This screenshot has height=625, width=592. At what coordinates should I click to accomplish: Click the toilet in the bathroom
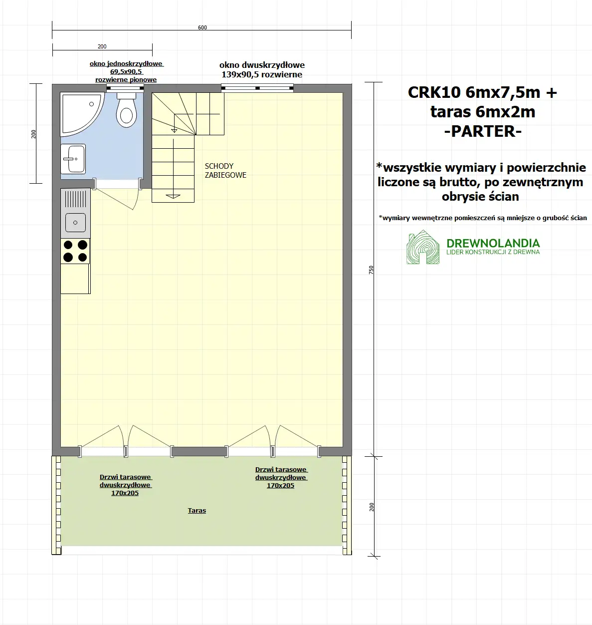126,110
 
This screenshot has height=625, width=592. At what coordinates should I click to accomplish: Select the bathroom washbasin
73,159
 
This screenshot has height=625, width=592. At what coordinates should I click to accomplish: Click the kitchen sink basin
75,222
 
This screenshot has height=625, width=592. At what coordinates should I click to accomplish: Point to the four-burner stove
75,251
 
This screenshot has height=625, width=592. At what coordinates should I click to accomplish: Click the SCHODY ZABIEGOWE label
225,171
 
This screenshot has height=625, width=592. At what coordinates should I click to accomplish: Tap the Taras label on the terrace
197,511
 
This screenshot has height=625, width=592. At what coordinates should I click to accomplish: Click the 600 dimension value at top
202,28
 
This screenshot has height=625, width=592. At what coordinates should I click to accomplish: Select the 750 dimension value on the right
371,270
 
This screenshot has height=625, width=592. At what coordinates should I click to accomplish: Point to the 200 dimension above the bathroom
102,46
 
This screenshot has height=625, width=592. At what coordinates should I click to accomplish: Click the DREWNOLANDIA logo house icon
423,247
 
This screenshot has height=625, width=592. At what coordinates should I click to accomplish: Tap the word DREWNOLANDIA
493,243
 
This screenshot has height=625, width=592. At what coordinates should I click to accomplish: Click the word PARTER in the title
482,131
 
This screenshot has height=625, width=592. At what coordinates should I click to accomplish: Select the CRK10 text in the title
434,93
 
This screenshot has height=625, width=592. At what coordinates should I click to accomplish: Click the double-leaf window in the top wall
257,88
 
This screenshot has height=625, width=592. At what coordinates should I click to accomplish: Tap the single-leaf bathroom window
125,88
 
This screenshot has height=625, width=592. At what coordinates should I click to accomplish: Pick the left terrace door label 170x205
125,493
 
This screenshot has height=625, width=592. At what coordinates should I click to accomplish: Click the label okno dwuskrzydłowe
262,65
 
